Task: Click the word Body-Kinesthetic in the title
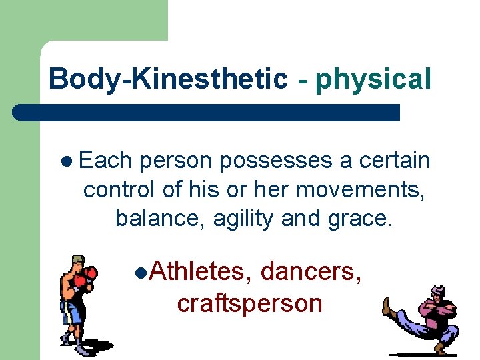click(x=167, y=79)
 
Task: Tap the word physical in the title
click(x=373, y=79)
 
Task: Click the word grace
click(x=362, y=218)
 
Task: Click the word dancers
click(x=311, y=272)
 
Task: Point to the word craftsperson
click(x=249, y=303)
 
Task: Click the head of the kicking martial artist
click(x=437, y=293)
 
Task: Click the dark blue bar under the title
click(x=207, y=112)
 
